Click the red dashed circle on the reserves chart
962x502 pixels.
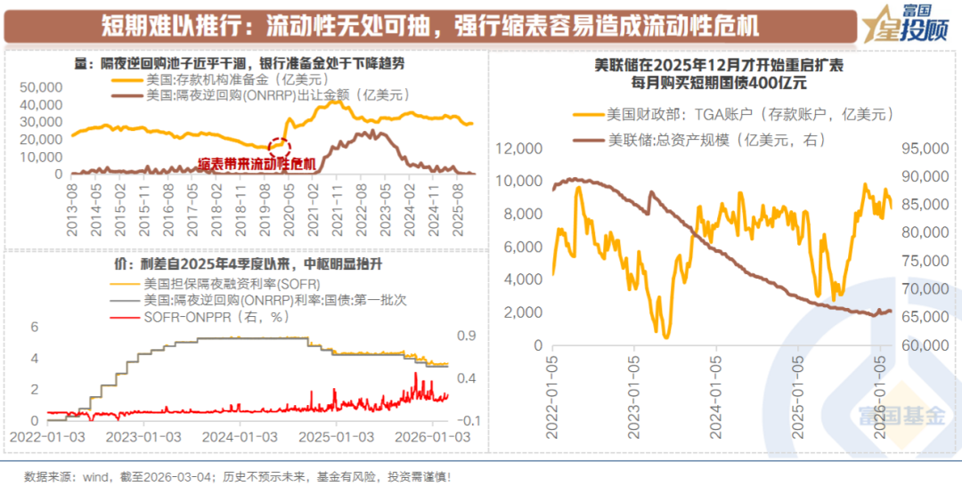click(279, 147)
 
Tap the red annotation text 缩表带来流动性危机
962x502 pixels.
click(257, 164)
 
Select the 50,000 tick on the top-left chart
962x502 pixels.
click(41, 87)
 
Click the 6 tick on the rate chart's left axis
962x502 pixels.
click(35, 327)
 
